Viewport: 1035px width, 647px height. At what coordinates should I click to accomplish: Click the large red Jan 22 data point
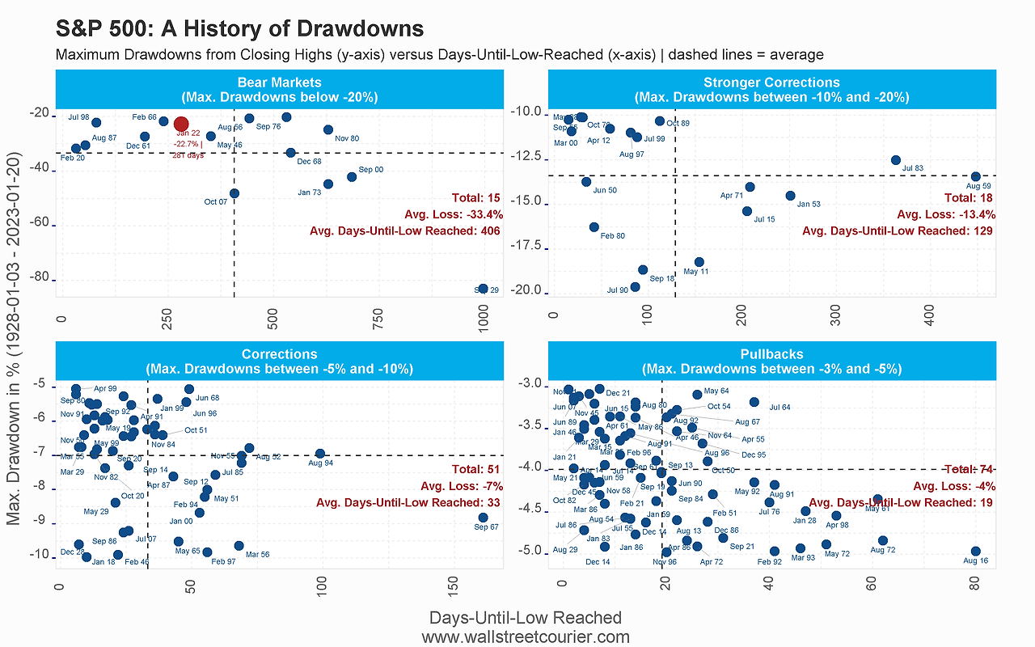(181, 124)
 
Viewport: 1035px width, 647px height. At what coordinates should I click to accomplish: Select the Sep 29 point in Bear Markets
(483, 288)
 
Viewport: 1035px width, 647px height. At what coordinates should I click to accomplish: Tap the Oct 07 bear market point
(234, 193)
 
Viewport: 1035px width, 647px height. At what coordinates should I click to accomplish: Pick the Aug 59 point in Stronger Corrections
(975, 176)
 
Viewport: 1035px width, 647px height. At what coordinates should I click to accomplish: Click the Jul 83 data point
(895, 160)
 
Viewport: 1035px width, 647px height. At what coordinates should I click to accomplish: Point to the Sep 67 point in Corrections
(483, 518)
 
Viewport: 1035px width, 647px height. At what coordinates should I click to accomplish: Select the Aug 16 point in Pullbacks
(975, 551)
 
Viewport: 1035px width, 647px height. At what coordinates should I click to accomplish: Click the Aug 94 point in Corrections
(320, 454)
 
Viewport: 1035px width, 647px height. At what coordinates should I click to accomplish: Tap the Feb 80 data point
(594, 227)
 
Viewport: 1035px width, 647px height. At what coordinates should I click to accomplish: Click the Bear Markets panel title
(280, 90)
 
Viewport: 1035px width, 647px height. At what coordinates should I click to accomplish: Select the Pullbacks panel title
(771, 362)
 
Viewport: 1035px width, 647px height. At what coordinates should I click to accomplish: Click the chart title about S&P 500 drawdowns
(239, 29)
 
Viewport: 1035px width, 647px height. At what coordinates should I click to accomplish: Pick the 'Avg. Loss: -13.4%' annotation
(946, 214)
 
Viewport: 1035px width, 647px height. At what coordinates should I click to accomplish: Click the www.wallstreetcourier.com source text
(526, 636)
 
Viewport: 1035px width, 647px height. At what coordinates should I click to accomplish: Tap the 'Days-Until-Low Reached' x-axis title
(526, 618)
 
